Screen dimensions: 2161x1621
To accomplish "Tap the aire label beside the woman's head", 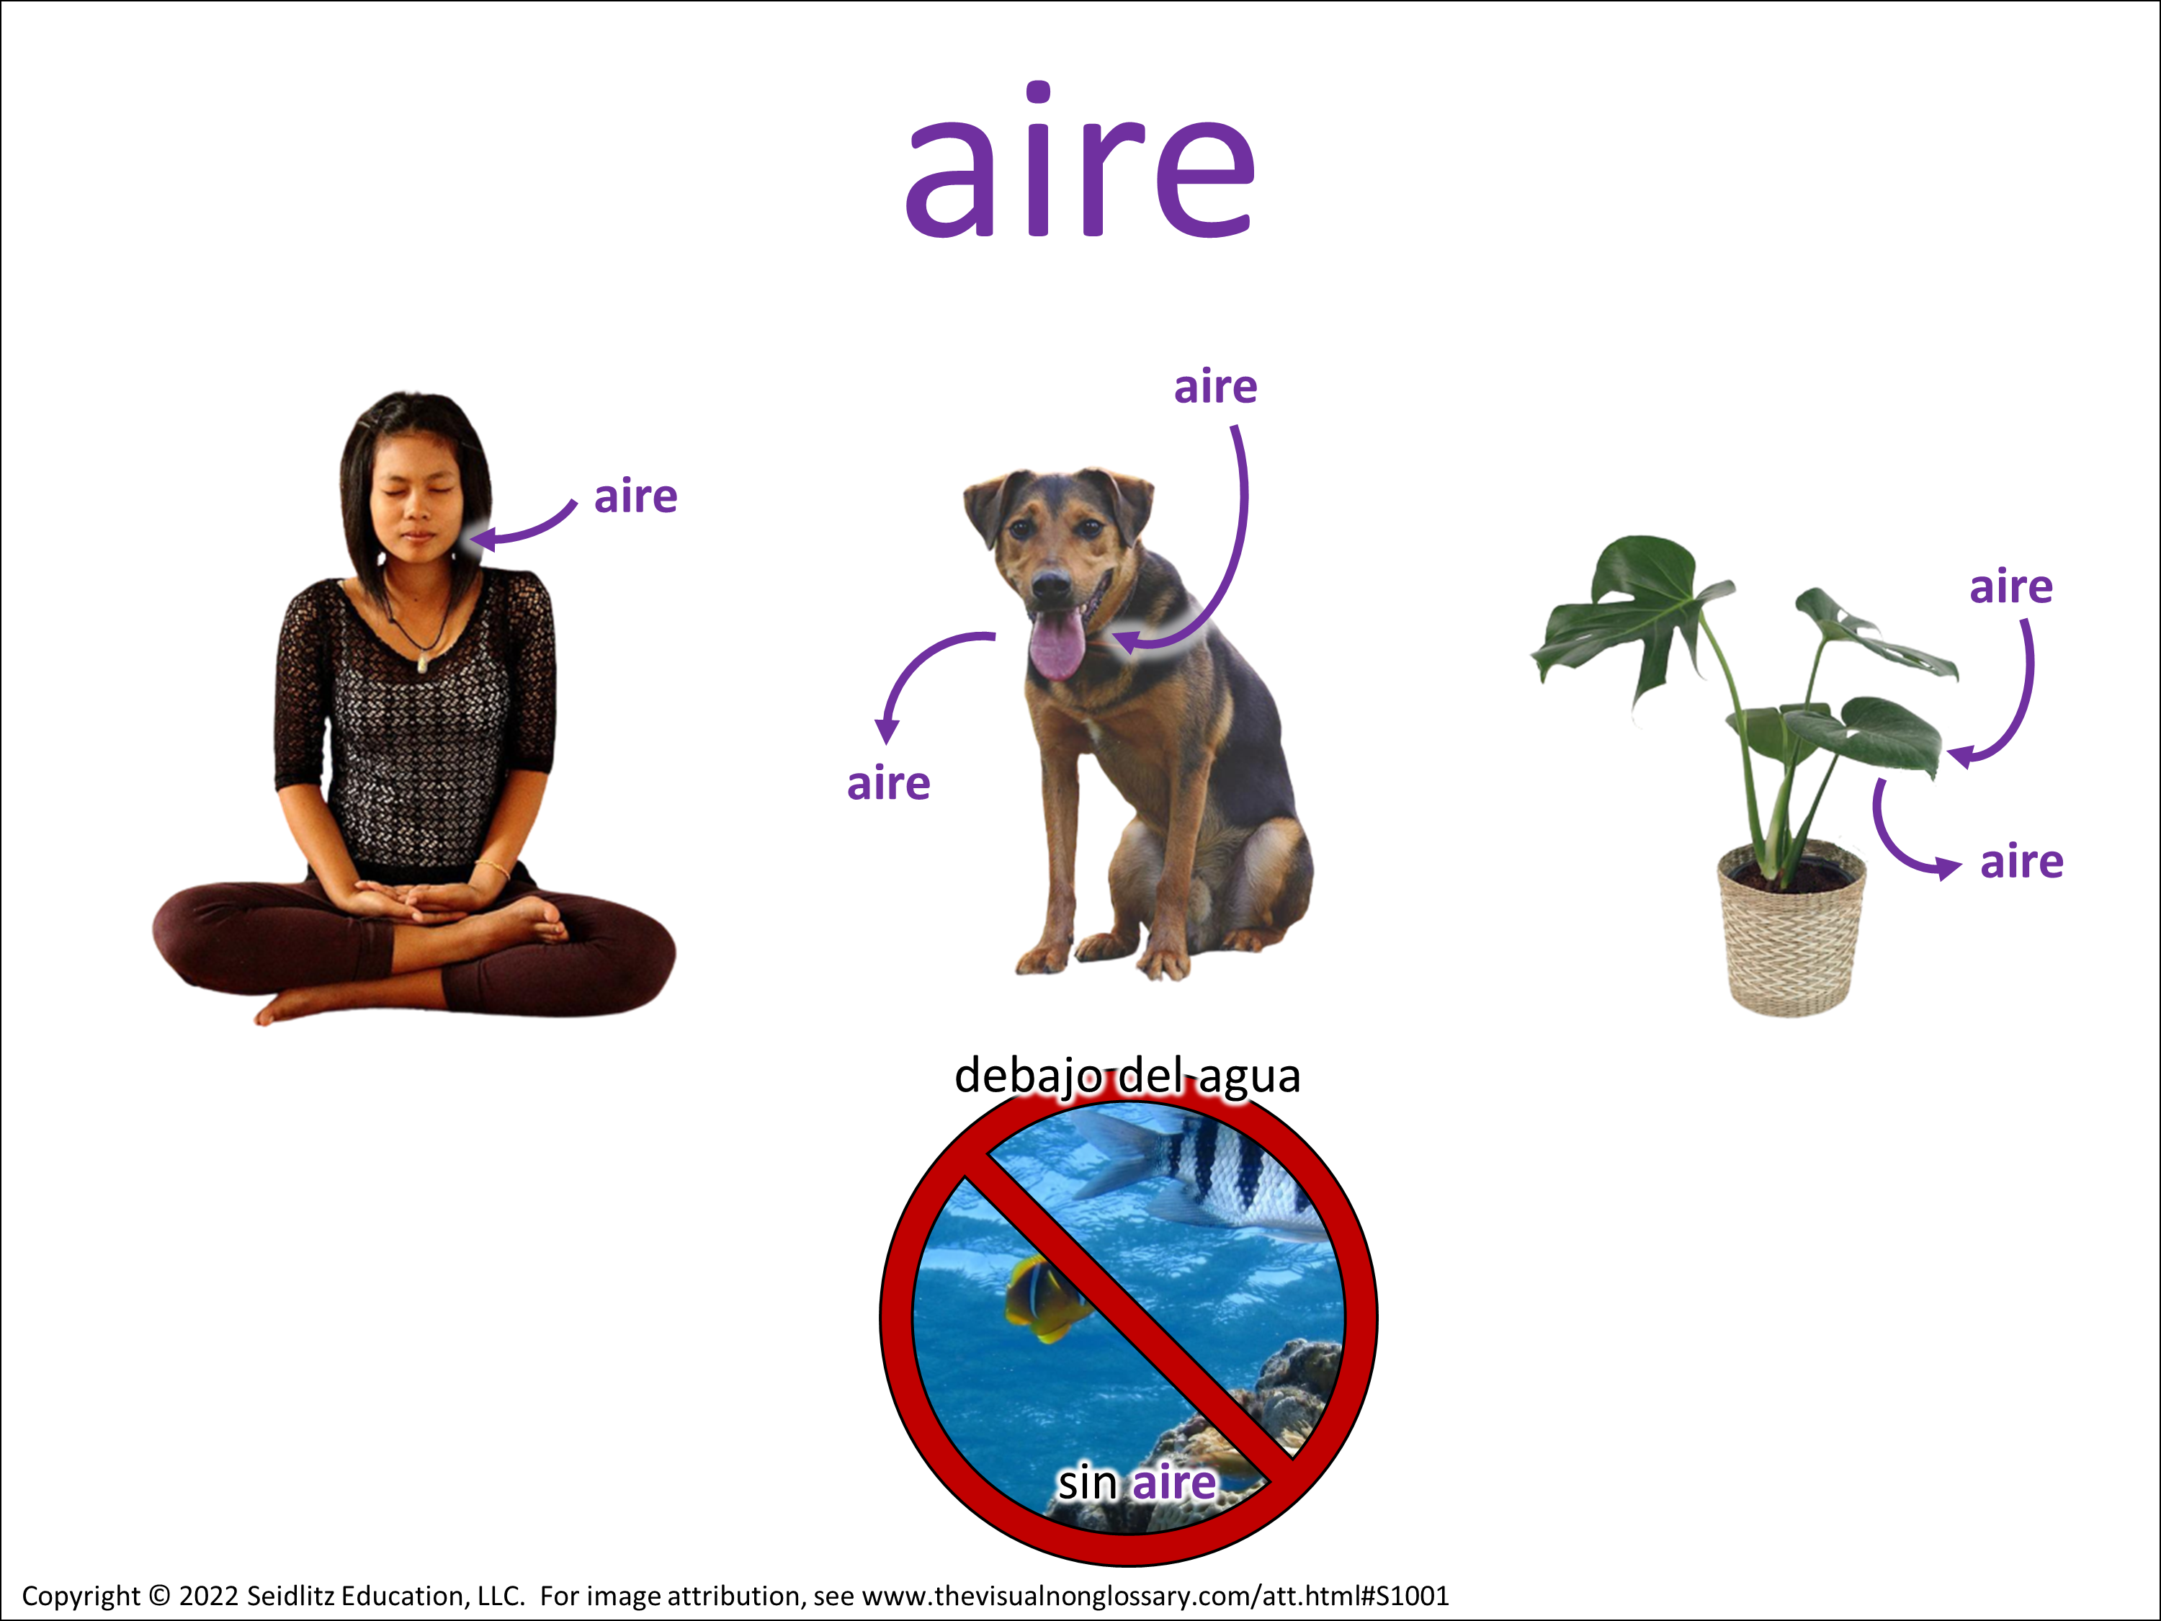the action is click(x=636, y=496).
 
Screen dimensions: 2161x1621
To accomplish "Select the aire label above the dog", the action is click(x=1215, y=387).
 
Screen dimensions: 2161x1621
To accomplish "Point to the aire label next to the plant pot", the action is click(x=2022, y=862).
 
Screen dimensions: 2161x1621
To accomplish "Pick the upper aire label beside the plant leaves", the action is click(x=2011, y=587).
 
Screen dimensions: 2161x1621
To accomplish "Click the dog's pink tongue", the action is click(x=1056, y=645).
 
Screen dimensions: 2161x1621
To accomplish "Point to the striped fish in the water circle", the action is click(x=1207, y=1172).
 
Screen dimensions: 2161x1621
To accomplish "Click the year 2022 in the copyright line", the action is click(x=208, y=1597).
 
